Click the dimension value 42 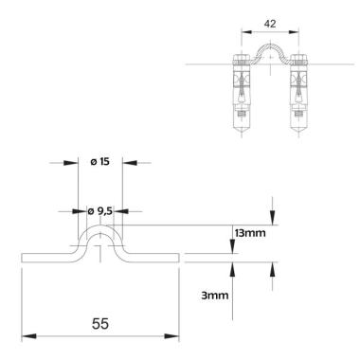pos(270,24)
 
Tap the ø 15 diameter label pos(99,162)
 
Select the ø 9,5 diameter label pos(99,211)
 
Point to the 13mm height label pos(250,233)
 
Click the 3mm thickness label pos(215,296)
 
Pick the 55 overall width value pos(100,324)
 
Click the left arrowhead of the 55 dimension pos(28,336)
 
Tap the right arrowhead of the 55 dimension pos(171,336)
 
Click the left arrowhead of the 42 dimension pos(246,31)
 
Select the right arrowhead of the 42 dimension pos(294,31)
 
